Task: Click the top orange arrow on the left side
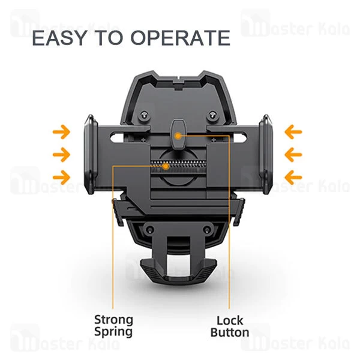61,131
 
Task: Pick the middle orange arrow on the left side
61,155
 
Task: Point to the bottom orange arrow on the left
61,176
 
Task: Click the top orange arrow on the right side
293,131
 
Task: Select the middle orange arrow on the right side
293,155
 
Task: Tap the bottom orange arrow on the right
293,176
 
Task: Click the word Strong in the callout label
113,319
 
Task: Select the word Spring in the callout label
113,332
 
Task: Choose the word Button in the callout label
230,332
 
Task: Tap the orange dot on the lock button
178,136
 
